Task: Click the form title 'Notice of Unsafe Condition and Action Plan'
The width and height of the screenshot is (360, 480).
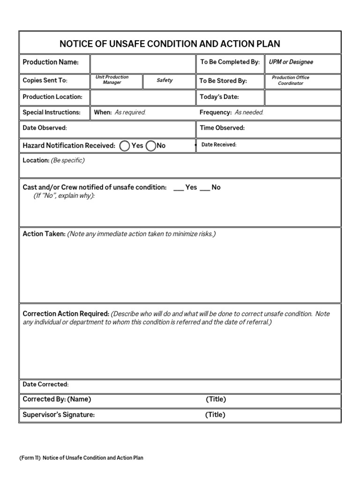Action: coord(170,44)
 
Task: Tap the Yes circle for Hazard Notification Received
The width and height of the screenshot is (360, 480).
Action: coord(125,146)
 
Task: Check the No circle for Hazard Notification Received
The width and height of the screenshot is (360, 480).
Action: coord(151,146)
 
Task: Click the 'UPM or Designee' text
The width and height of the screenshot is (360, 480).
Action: coord(291,62)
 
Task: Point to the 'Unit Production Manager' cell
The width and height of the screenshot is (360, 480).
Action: coord(112,80)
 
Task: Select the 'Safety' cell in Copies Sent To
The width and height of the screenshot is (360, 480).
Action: coord(165,80)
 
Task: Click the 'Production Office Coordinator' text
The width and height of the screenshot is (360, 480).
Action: coord(291,80)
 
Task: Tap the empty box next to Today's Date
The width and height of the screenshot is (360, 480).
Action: coord(303,97)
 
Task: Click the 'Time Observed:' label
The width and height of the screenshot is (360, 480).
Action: coord(222,128)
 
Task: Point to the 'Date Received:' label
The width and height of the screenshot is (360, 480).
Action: coord(219,145)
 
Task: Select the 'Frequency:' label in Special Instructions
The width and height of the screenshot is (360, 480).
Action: coord(216,112)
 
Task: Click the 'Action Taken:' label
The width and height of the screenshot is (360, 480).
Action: coord(44,234)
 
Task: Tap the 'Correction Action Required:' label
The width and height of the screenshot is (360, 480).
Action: coord(66,314)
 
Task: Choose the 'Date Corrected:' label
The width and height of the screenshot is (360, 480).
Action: coord(45,384)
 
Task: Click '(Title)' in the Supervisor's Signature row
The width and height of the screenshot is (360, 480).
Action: coord(215,414)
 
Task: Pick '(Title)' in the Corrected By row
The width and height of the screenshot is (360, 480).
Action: coord(216,399)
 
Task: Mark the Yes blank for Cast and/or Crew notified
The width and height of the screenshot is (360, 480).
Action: coord(179,187)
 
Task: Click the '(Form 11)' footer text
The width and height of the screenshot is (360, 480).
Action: coord(30,458)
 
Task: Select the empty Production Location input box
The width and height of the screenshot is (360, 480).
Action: coord(142,97)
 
